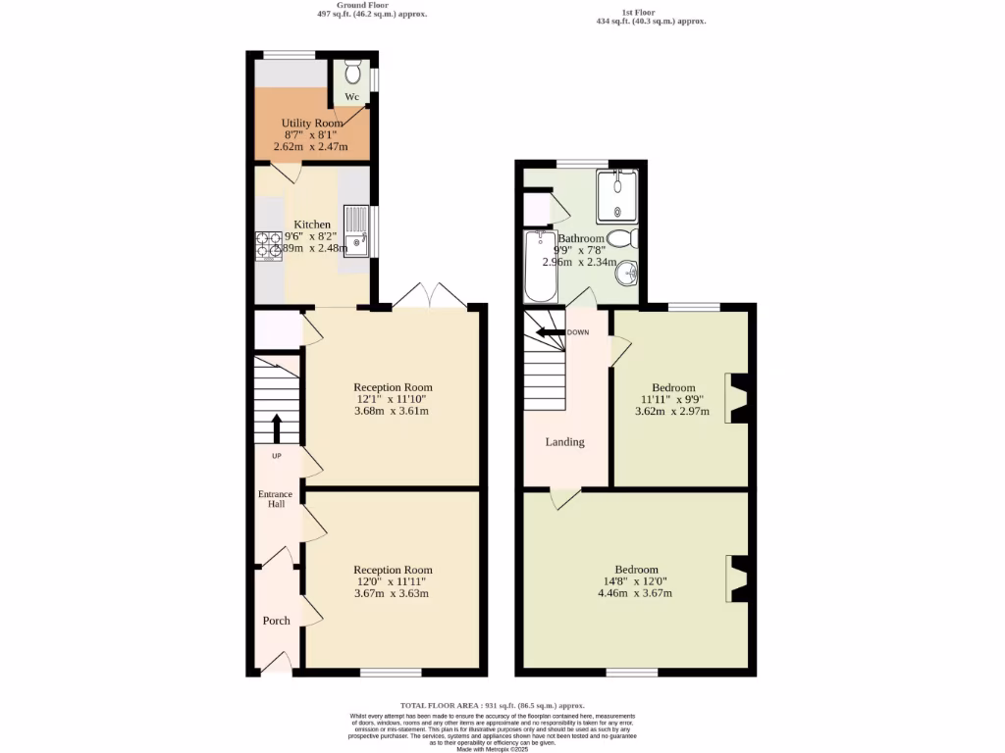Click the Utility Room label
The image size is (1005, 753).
pyautogui.click(x=312, y=123)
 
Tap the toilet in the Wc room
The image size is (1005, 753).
pyautogui.click(x=353, y=74)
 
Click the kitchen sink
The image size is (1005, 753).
pyautogui.click(x=355, y=230)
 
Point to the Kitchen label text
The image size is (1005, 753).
pyautogui.click(x=312, y=225)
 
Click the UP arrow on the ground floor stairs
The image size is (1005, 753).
pyautogui.click(x=276, y=428)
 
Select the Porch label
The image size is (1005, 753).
pyautogui.click(x=276, y=621)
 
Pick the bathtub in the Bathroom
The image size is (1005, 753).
pyautogui.click(x=540, y=267)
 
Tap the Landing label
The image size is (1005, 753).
pyautogui.click(x=564, y=442)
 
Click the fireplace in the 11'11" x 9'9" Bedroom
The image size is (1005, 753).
pyautogui.click(x=736, y=399)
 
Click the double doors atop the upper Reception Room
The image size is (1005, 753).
pyautogui.click(x=428, y=295)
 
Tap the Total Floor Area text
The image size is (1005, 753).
pyautogui.click(x=492, y=706)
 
